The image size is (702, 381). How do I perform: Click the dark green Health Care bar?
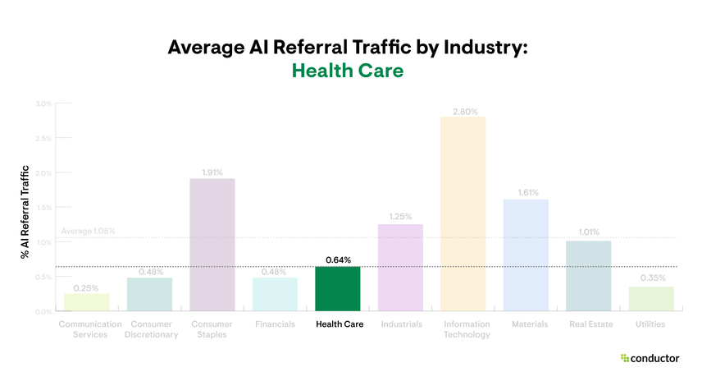point(338,289)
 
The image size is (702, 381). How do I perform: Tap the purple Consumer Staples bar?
point(212,245)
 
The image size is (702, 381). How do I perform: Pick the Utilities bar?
point(651,299)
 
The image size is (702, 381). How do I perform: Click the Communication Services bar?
point(87,302)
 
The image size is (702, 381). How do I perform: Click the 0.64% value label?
point(338,259)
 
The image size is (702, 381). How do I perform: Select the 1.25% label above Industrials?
point(400,217)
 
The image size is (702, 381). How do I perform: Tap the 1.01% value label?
point(588,232)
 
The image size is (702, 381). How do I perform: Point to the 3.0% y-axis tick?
point(43,103)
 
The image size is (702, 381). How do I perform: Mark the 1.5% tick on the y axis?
point(43,208)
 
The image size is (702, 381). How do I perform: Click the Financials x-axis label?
point(275,324)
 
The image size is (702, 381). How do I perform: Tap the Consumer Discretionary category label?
point(150,329)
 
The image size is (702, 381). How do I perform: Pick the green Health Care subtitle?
point(348,71)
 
